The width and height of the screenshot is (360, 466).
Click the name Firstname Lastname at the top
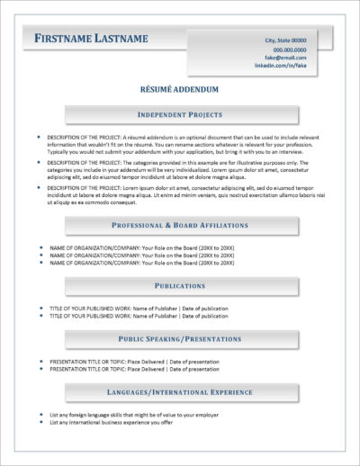click(x=91, y=39)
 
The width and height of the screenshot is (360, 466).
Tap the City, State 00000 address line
click(x=284, y=40)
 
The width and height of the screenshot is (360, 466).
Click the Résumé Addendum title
click(x=179, y=91)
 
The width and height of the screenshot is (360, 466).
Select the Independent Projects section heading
click(x=179, y=116)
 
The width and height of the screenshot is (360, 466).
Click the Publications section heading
click(x=179, y=285)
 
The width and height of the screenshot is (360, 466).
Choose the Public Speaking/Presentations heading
click(x=179, y=339)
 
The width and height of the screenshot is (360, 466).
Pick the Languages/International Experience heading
click(x=179, y=392)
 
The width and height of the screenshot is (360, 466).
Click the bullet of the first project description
click(x=39, y=136)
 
